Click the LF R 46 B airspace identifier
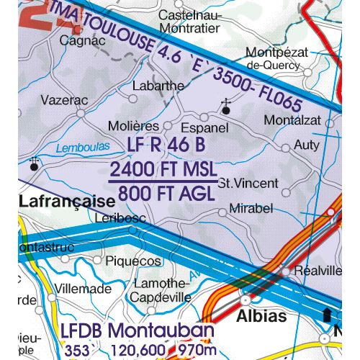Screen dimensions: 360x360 click(165, 146)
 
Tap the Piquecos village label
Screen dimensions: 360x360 click(135, 261)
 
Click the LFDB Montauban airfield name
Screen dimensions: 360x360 click(137, 332)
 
